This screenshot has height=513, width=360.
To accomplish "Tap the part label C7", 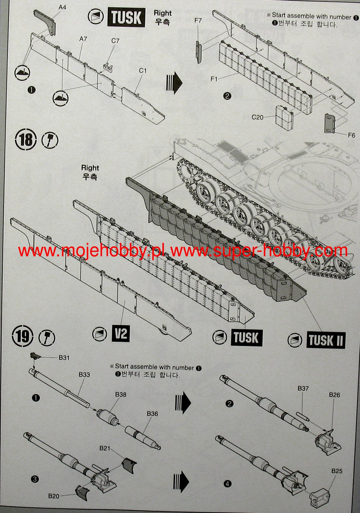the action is [x=115, y=41].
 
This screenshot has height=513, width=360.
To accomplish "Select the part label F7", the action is [x=198, y=20].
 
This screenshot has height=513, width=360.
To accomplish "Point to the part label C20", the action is [x=257, y=117].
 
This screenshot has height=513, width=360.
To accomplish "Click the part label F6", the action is [x=352, y=135].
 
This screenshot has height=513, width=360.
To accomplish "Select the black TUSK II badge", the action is [x=326, y=340].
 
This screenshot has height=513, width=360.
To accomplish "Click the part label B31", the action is [x=64, y=358].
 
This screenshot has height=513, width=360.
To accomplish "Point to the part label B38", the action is [x=121, y=394].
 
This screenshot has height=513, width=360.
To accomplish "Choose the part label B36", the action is [x=152, y=414].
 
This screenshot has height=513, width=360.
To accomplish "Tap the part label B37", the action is [x=303, y=388].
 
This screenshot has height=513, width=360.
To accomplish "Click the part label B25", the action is [x=337, y=471].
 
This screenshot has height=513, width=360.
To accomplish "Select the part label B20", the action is [x=54, y=496].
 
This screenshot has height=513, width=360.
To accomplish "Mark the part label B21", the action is [x=105, y=448].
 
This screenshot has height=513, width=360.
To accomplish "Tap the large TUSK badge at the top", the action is [x=126, y=18].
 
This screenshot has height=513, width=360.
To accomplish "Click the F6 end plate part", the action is [x=330, y=123].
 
